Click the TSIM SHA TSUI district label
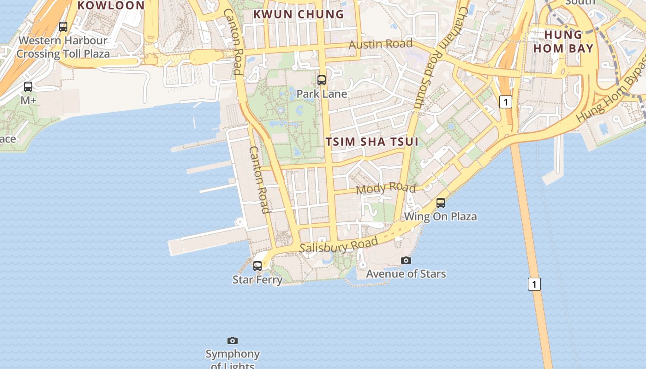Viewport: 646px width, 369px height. tap(372, 142)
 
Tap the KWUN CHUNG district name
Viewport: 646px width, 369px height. tap(299, 14)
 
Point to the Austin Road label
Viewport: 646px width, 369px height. tap(381, 44)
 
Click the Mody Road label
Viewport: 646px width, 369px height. tap(386, 188)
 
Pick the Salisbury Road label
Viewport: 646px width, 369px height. tap(339, 245)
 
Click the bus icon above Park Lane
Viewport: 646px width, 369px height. tap(322, 80)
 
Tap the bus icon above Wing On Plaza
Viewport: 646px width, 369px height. tap(441, 202)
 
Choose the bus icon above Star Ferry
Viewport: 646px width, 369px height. tap(257, 266)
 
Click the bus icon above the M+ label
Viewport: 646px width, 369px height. tap(28, 86)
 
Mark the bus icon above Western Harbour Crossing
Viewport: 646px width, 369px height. tap(63, 27)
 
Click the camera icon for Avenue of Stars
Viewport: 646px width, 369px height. tap(406, 261)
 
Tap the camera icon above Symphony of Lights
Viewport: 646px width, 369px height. tap(233, 341)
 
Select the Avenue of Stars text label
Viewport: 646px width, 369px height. tap(406, 274)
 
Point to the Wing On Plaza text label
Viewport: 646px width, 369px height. tap(441, 216)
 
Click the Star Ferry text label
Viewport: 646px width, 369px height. tap(257, 280)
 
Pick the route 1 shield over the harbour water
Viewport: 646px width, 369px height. tap(534, 284)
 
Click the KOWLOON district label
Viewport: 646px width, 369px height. tap(111, 6)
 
